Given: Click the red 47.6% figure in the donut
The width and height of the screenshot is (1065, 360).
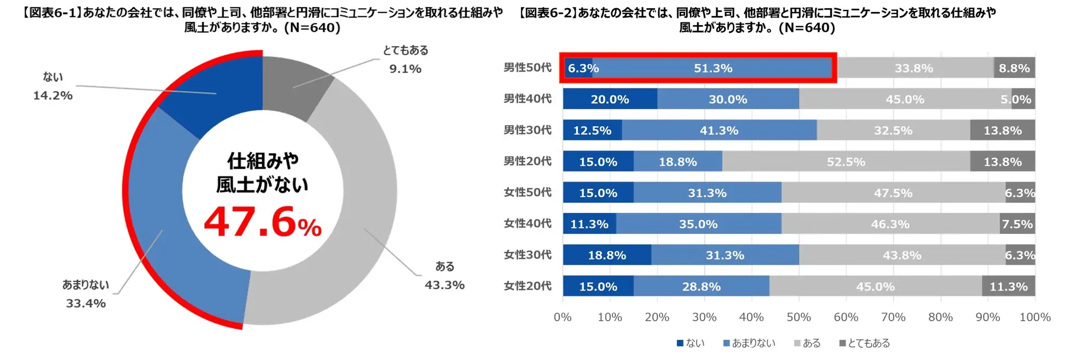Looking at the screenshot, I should click(262, 223).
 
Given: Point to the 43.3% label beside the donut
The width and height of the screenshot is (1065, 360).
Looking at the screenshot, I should click(445, 285).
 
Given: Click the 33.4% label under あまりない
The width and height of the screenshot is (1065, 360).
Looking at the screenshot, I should click(86, 303).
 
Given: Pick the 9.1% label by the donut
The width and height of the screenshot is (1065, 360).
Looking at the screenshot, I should click(405, 69).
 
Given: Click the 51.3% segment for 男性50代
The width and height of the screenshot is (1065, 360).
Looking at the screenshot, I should click(713, 68).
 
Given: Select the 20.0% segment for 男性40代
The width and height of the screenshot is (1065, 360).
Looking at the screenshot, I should click(610, 99).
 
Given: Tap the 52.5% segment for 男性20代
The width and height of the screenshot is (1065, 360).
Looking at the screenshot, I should click(845, 162).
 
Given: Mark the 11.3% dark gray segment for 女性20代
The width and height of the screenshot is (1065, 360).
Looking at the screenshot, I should click(1008, 286).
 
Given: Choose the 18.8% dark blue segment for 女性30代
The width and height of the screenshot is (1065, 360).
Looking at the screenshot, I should click(607, 255).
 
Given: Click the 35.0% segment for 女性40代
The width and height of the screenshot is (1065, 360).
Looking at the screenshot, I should click(698, 224).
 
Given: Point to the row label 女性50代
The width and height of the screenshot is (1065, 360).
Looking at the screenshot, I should click(527, 192).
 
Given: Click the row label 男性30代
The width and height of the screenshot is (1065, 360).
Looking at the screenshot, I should click(527, 130).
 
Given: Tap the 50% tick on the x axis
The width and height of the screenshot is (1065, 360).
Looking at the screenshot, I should click(798, 317).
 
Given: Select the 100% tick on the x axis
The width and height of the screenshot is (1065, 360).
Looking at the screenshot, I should click(1035, 317).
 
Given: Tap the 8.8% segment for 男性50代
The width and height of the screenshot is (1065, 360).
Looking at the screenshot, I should click(1014, 68).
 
